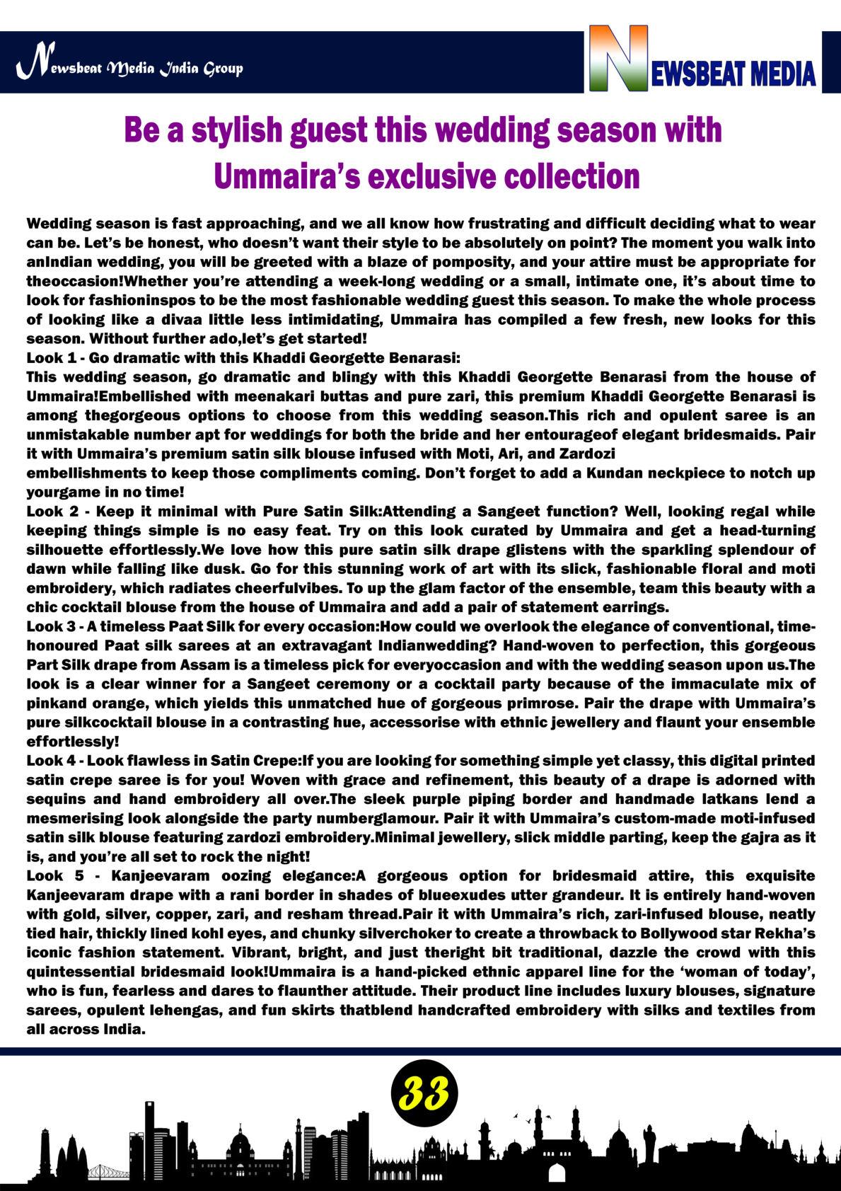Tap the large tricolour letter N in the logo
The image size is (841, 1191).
[x=619, y=59]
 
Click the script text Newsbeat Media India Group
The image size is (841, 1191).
[x=130, y=68]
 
